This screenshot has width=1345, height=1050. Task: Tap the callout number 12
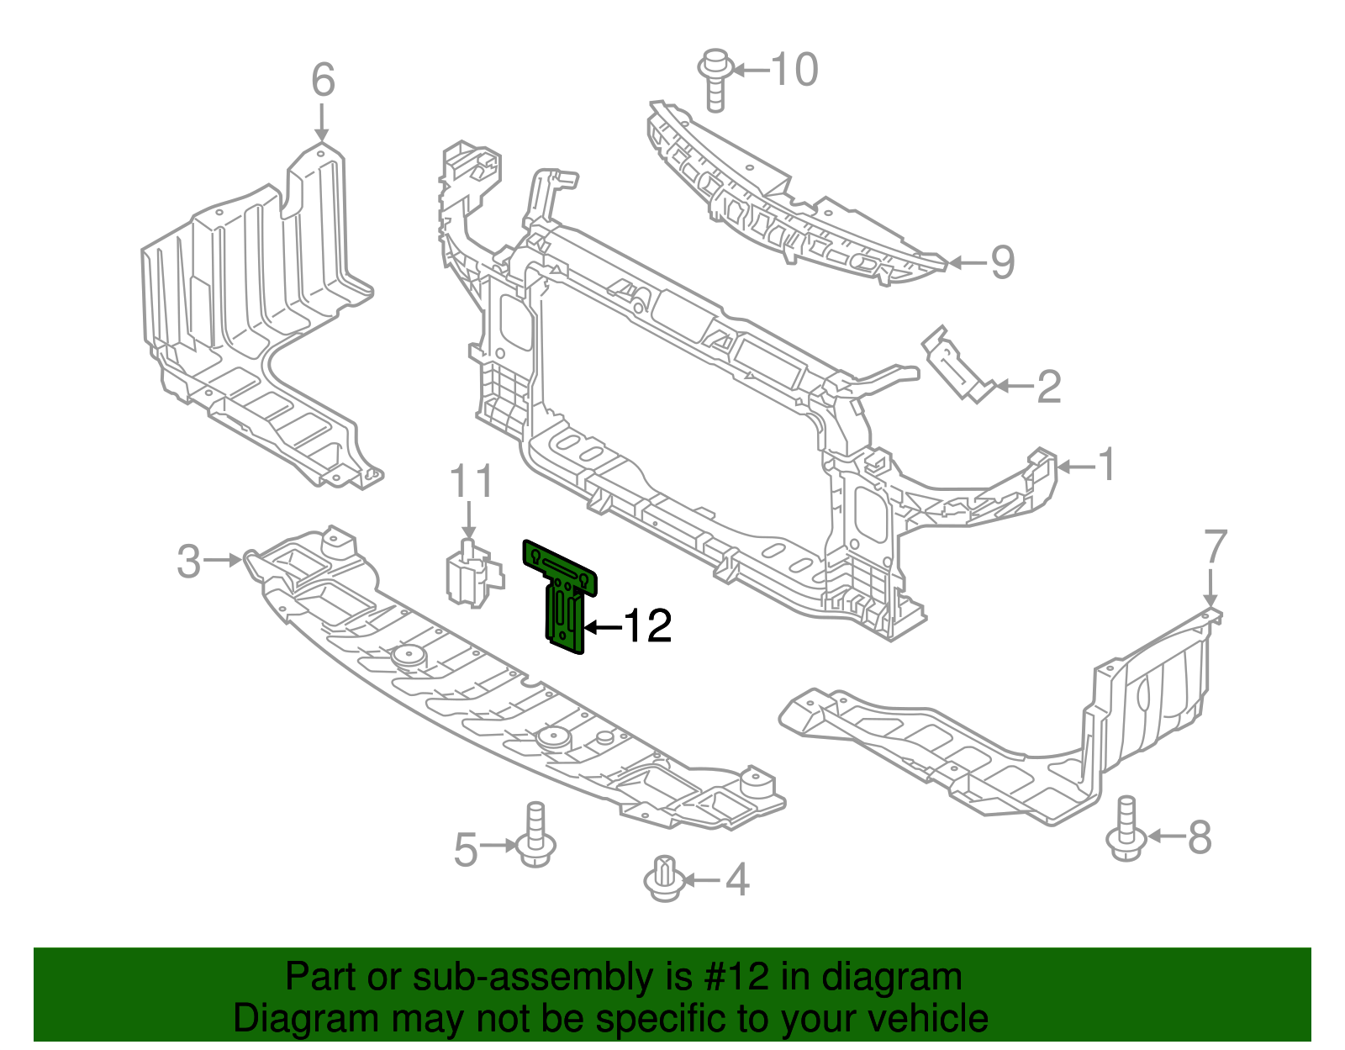pyautogui.click(x=648, y=626)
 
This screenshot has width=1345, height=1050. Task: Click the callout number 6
pyautogui.click(x=323, y=81)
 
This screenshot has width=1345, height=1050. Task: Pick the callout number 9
pyautogui.click(x=1002, y=262)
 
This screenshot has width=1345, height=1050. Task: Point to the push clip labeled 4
pyautogui.click(x=664, y=879)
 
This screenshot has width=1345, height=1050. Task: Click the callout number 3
pyautogui.click(x=188, y=561)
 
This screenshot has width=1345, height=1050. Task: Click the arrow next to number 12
pyautogui.click(x=602, y=627)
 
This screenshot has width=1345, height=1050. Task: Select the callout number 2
pyautogui.click(x=1048, y=387)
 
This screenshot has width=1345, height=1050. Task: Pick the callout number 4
pyautogui.click(x=736, y=880)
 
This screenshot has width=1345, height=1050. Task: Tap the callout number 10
pyautogui.click(x=794, y=69)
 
